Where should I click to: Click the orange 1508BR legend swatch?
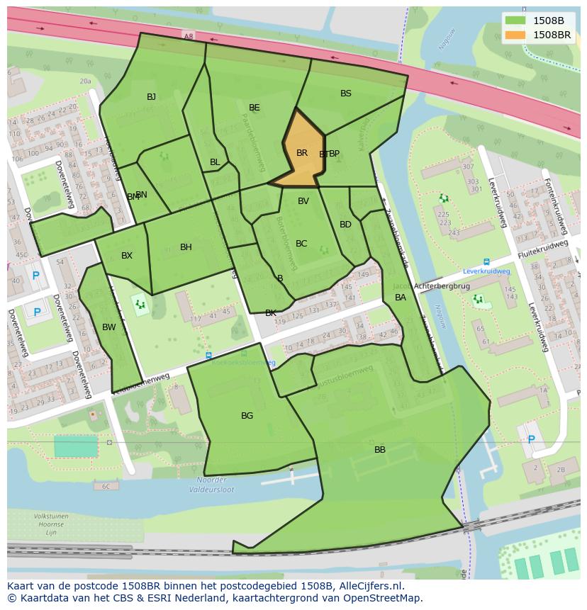pyautogui.click(x=516, y=35)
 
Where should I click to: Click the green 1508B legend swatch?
pyautogui.click(x=516, y=21)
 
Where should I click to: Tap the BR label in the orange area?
pyautogui.click(x=302, y=153)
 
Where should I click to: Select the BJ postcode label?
pyautogui.click(x=151, y=97)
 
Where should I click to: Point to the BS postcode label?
pyautogui.click(x=346, y=94)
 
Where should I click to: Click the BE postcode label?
pyautogui.click(x=255, y=108)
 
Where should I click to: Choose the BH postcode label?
pyautogui.click(x=186, y=247)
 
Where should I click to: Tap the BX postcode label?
pyautogui.click(x=127, y=256)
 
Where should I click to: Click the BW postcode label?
pyautogui.click(x=108, y=327)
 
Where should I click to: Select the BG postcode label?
pyautogui.click(x=247, y=416)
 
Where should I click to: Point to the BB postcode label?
pyautogui.click(x=380, y=450)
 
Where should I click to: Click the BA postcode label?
pyautogui.click(x=401, y=298)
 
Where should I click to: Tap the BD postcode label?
pyautogui.click(x=345, y=225)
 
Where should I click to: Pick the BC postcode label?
pyautogui.click(x=301, y=244)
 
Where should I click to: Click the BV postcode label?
pyautogui.click(x=303, y=201)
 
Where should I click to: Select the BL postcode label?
pyautogui.click(x=215, y=162)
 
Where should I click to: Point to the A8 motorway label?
pyautogui.click(x=188, y=36)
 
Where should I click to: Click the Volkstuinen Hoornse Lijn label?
pyautogui.click(x=51, y=524)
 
